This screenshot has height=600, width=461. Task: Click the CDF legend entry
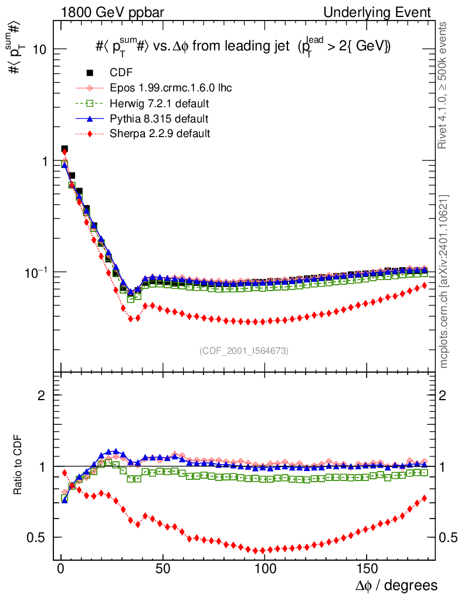point(121,73)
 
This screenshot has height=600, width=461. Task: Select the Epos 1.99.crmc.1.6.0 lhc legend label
point(171,88)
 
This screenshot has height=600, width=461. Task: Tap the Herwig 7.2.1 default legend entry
point(160,103)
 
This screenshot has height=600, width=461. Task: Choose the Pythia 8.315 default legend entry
point(159,118)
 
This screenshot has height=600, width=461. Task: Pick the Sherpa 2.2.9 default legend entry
point(160,134)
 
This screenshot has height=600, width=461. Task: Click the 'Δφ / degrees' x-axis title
point(397,585)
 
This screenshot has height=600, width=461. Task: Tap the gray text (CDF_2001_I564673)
point(244,350)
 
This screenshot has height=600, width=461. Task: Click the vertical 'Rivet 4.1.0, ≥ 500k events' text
point(443,85)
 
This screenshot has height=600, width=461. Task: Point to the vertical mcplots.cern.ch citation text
point(443,281)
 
